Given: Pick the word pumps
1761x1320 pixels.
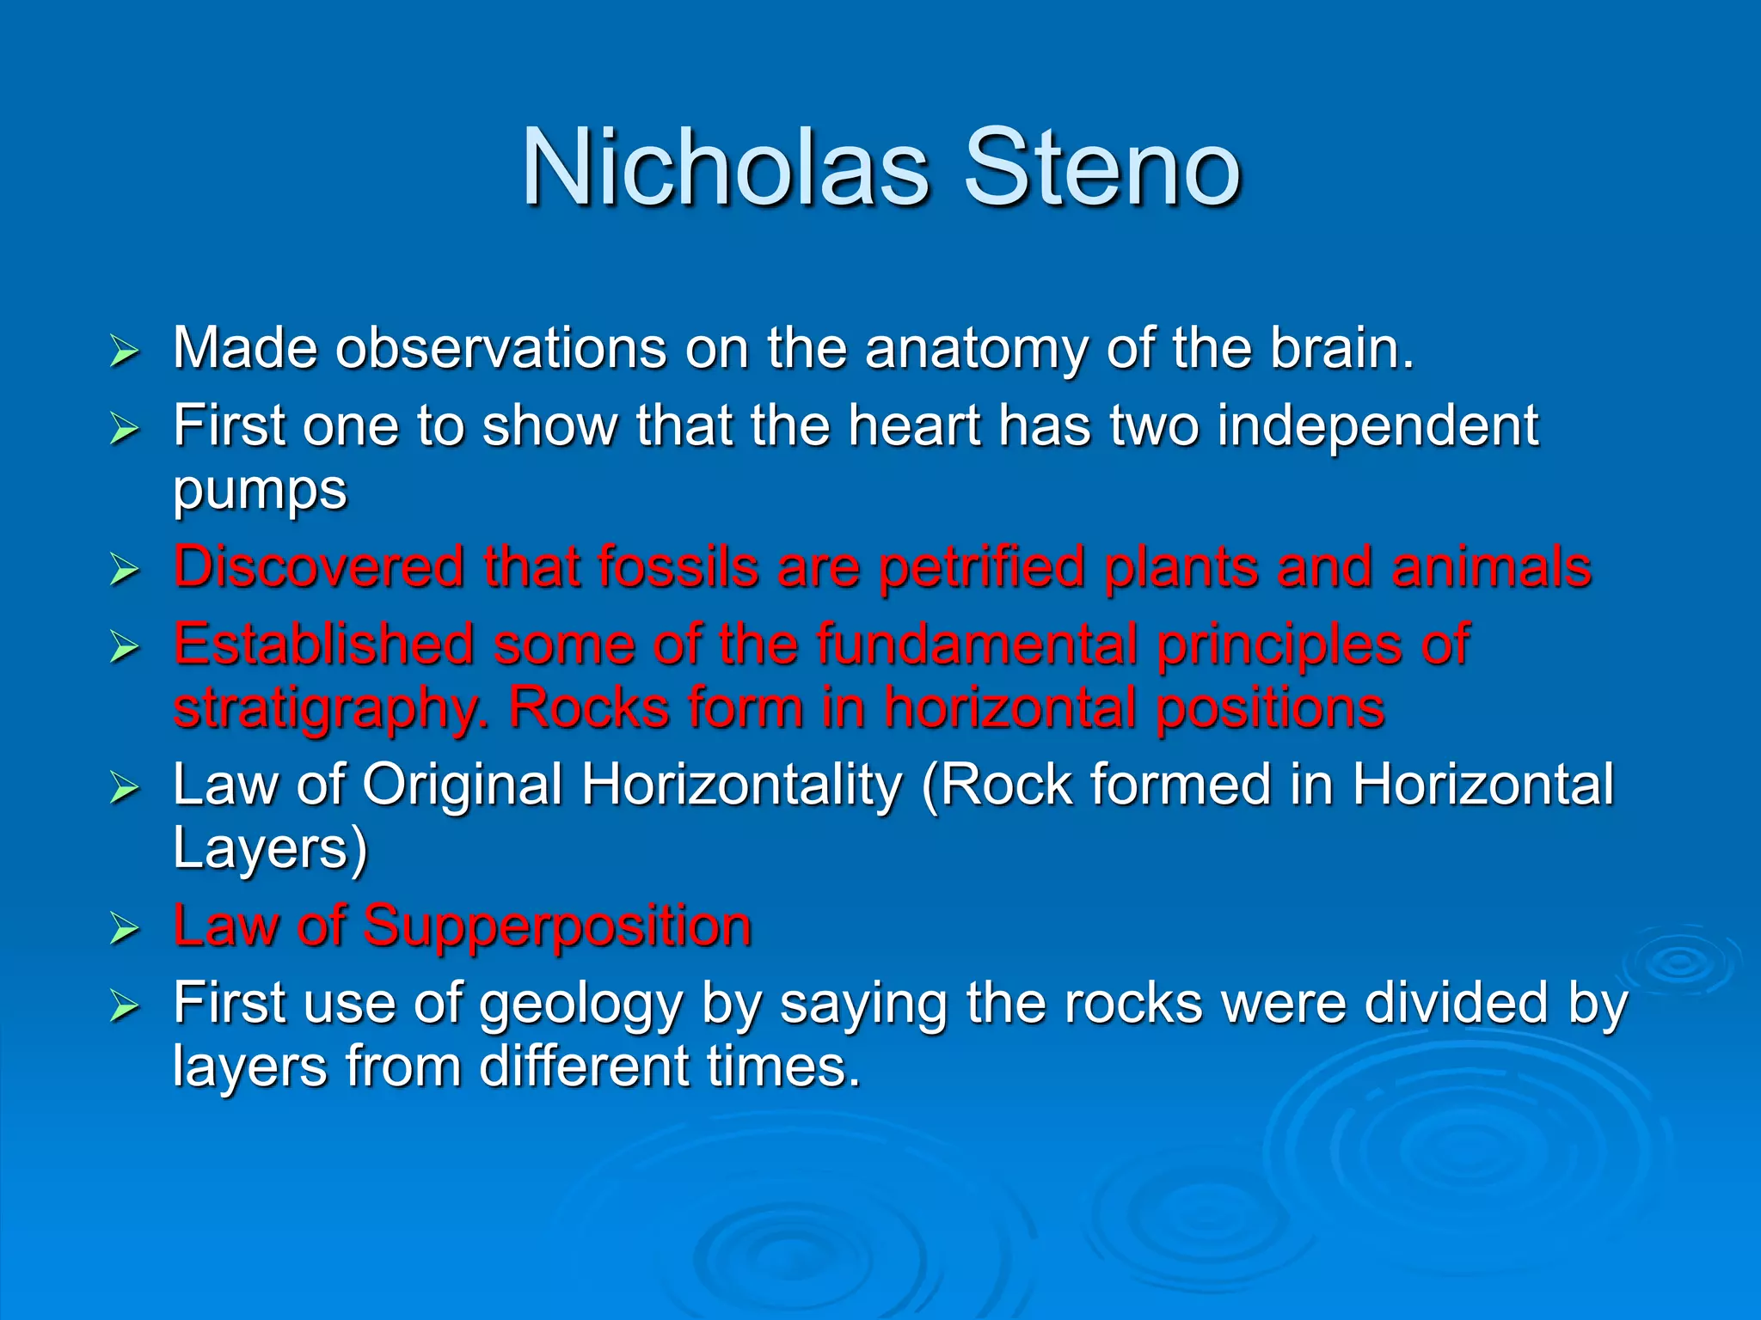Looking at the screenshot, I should [x=260, y=492].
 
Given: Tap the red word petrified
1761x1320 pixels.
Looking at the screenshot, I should [x=981, y=567].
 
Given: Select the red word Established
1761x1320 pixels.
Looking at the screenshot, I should [x=323, y=644].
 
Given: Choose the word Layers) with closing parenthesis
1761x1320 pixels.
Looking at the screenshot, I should [x=270, y=849].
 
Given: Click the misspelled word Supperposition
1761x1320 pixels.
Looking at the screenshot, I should [x=556, y=926].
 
